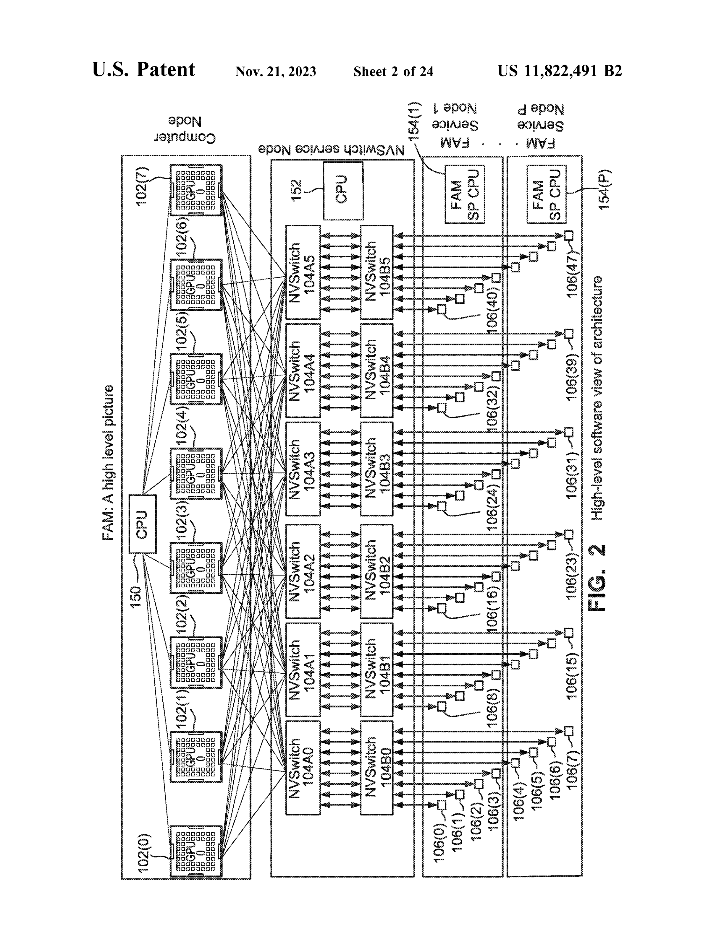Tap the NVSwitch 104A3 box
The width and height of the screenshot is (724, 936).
pyautogui.click(x=303, y=469)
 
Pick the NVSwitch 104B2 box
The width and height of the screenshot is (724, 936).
pyautogui.click(x=376, y=571)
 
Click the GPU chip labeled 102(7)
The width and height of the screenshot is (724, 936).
pyautogui.click(x=196, y=190)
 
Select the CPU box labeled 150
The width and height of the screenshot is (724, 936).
pyautogui.click(x=142, y=524)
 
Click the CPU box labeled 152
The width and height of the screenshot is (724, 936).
pyautogui.click(x=343, y=190)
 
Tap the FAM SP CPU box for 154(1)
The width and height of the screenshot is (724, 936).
pyautogui.click(x=465, y=194)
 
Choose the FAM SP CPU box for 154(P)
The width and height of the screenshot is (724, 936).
pyautogui.click(x=546, y=194)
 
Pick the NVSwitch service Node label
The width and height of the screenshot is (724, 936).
pyautogui.click(x=331, y=149)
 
